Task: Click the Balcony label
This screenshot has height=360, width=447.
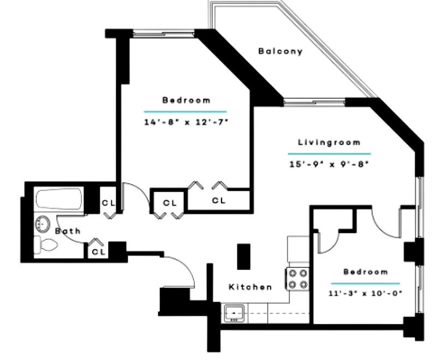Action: click(x=280, y=51)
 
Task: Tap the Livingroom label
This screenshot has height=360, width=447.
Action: click(x=329, y=142)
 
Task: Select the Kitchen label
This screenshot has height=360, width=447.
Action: click(x=250, y=287)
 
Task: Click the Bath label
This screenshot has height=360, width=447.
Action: click(x=68, y=231)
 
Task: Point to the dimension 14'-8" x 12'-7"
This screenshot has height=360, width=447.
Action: click(x=186, y=122)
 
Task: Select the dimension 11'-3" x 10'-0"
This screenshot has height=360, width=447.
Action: click(x=366, y=293)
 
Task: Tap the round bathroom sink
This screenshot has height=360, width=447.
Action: click(x=42, y=224)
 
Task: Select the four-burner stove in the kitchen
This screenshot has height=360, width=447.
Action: click(x=297, y=278)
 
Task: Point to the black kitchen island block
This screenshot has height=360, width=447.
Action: click(x=244, y=256)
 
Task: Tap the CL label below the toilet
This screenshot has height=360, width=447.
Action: click(x=99, y=251)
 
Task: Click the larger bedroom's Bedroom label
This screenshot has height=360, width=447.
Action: click(x=186, y=100)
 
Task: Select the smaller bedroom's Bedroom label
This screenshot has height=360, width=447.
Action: click(x=366, y=272)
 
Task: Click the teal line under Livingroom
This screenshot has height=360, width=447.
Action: click(x=329, y=154)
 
